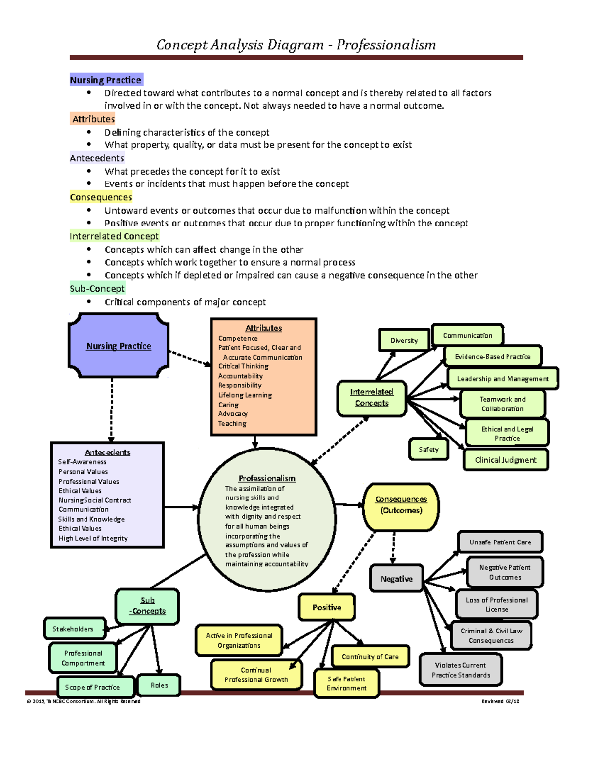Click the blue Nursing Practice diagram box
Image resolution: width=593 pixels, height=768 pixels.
(119, 346)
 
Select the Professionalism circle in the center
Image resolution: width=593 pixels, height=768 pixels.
(267, 520)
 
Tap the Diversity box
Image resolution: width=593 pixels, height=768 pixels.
(404, 340)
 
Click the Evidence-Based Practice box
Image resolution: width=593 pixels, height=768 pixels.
(492, 356)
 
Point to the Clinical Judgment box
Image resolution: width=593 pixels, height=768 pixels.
(506, 460)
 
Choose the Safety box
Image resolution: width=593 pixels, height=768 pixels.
(428, 450)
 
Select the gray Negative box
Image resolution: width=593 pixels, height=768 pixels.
(396, 579)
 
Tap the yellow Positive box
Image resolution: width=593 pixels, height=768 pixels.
(327, 607)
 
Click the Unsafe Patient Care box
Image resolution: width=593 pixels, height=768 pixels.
(500, 542)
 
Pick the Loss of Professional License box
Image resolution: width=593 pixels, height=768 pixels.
(497, 604)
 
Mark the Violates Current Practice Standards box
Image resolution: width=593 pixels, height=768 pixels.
(461, 670)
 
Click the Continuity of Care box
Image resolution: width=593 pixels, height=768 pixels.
(370, 657)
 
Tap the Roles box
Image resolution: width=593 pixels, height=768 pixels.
(159, 685)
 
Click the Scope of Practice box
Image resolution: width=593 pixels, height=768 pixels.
(92, 687)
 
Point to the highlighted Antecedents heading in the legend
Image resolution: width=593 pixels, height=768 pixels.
(97, 158)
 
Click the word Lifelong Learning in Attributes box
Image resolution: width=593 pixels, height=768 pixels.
(245, 395)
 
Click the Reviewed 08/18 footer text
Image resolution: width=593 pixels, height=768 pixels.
(500, 701)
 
